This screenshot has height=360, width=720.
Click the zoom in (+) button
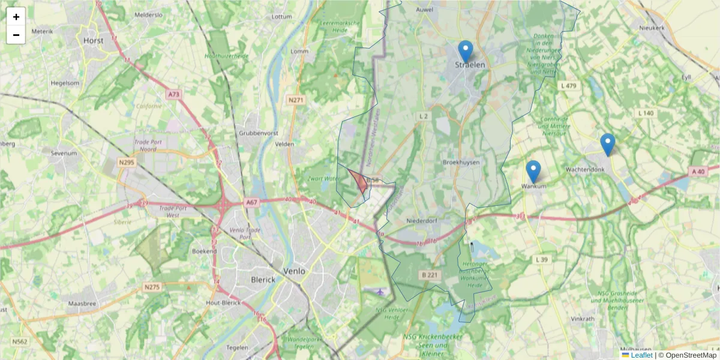click(16, 17)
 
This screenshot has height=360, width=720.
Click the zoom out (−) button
click(16, 35)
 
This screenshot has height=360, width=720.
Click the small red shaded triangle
click(359, 181)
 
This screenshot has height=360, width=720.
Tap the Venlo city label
click(294, 271)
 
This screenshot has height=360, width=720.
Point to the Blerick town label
click(263, 280)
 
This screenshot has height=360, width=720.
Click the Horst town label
click(94, 41)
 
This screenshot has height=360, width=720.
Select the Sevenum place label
click(64, 153)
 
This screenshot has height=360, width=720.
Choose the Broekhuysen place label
click(461, 163)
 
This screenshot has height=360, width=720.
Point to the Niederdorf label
click(424, 221)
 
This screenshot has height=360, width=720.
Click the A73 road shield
click(174, 94)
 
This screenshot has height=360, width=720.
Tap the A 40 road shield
click(698, 172)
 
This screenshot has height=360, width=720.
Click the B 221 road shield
click(428, 275)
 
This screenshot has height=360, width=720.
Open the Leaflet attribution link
click(641, 355)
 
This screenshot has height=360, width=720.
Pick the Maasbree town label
click(83, 304)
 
